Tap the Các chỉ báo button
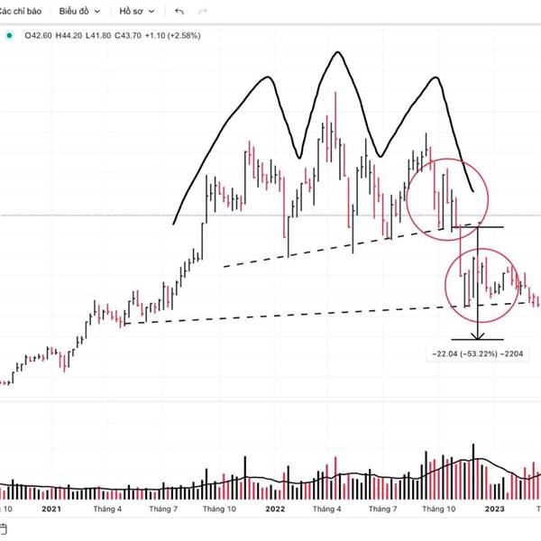point(24,12)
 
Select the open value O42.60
point(39,35)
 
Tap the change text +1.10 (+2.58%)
point(179,35)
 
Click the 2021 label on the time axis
point(52,509)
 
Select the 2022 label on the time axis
point(274,509)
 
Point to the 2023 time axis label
point(494,509)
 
